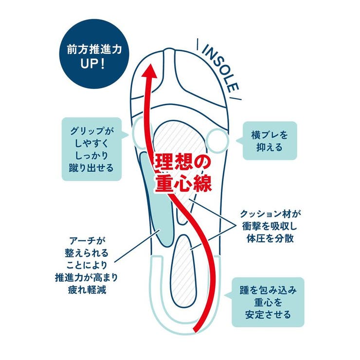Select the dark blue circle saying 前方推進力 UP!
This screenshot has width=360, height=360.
[x=94, y=54]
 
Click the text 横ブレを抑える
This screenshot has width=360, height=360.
[x=270, y=141]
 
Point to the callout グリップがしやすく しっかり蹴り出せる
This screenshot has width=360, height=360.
[x=91, y=149]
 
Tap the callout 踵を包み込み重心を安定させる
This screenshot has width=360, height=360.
[x=268, y=302]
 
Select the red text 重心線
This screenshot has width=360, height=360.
[x=183, y=184]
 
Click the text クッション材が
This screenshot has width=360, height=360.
[x=270, y=214]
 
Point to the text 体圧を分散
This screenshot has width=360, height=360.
[x=270, y=239]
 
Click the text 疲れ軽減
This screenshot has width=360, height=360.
[x=87, y=290]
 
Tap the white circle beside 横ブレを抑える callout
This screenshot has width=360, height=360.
[x=217, y=141]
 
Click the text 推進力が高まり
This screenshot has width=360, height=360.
[x=87, y=278]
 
